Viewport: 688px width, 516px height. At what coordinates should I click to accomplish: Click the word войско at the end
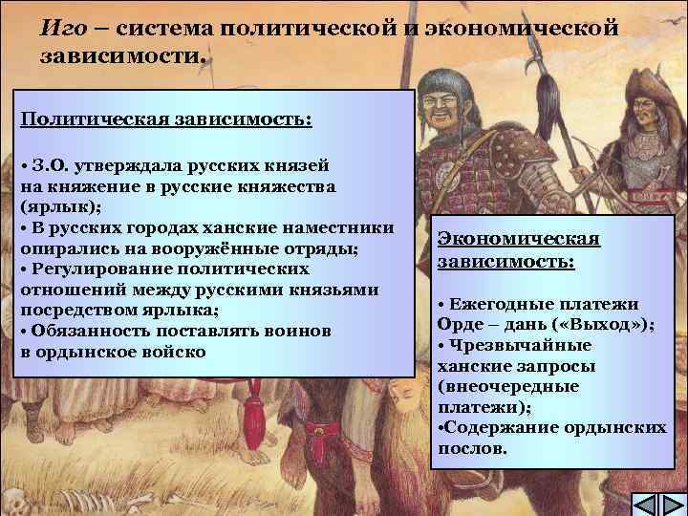tap(178, 351)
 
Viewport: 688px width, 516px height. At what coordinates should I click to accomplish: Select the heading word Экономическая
tap(519, 240)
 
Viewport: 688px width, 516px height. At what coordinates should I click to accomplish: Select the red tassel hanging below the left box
tap(254, 411)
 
